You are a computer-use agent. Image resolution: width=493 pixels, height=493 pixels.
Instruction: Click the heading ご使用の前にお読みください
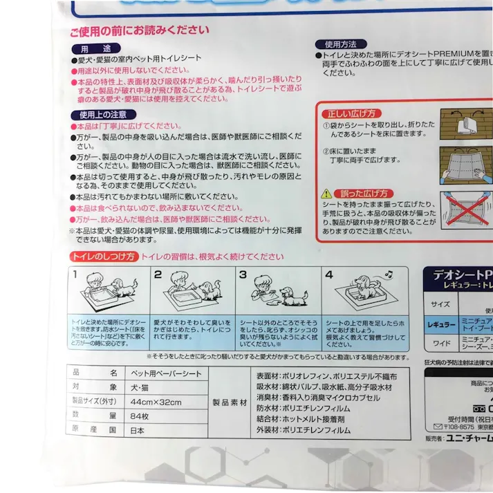coord(138,30)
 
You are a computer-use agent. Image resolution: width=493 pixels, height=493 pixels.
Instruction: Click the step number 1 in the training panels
coord(74,275)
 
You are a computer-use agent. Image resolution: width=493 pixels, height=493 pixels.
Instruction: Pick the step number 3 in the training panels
coord(243,275)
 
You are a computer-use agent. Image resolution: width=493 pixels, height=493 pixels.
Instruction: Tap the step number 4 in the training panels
coord(329,275)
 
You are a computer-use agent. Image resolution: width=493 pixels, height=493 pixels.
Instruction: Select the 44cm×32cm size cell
coord(152,403)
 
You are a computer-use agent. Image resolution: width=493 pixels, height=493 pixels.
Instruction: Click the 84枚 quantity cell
coord(138,416)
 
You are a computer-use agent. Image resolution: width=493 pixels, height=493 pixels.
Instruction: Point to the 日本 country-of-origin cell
coord(138,430)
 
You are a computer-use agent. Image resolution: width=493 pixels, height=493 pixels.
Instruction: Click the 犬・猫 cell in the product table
coord(140,389)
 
